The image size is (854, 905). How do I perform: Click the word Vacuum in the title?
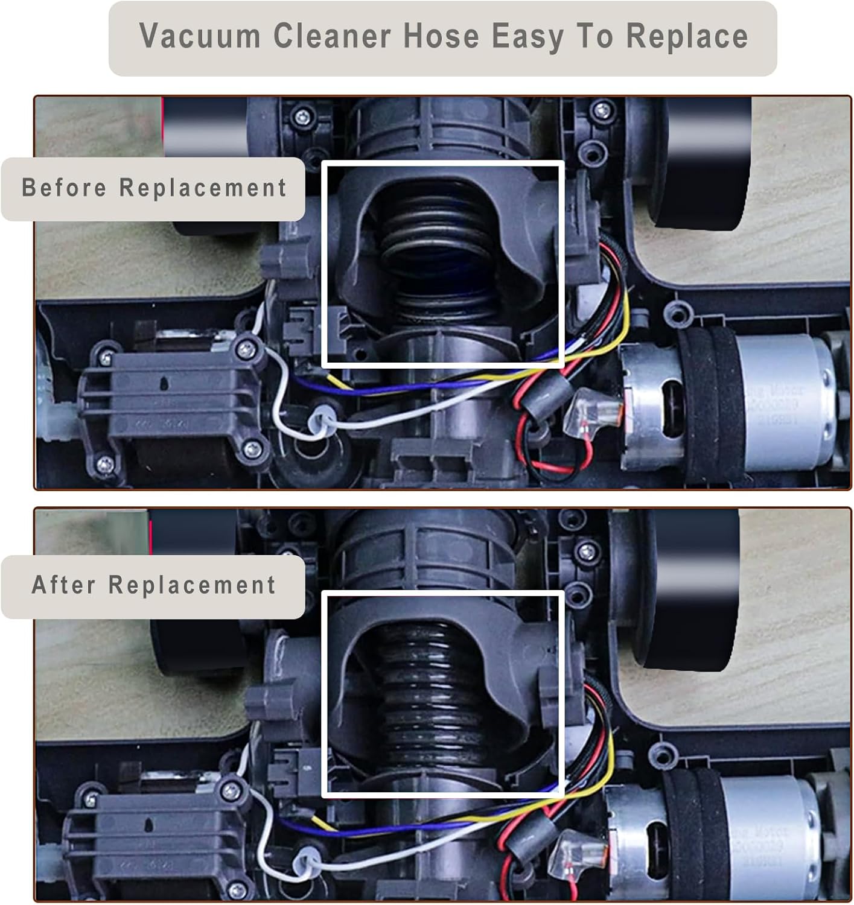tap(199, 37)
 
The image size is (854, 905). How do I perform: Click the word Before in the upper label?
tap(64, 188)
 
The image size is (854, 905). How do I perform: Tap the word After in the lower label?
tap(63, 585)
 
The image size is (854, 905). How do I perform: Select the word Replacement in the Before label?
tap(203, 188)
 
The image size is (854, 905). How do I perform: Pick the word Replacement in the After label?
tap(192, 585)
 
